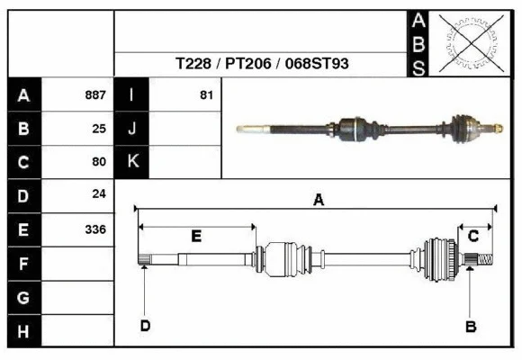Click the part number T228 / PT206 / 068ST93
(x=262, y=65)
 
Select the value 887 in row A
(x=95, y=94)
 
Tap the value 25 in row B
(x=99, y=128)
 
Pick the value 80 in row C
(x=99, y=162)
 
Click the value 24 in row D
(x=99, y=194)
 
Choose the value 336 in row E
(x=95, y=229)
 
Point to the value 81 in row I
(x=205, y=94)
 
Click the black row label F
(x=24, y=263)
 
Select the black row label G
(x=24, y=297)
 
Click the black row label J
(x=132, y=128)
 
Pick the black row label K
(x=132, y=162)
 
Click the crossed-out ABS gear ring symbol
(x=466, y=43)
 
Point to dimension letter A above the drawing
(x=318, y=201)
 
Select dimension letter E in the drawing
(x=196, y=236)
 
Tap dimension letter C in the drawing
(x=473, y=236)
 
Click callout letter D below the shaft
(x=144, y=326)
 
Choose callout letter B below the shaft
(x=470, y=326)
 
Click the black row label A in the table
(x=24, y=94)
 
